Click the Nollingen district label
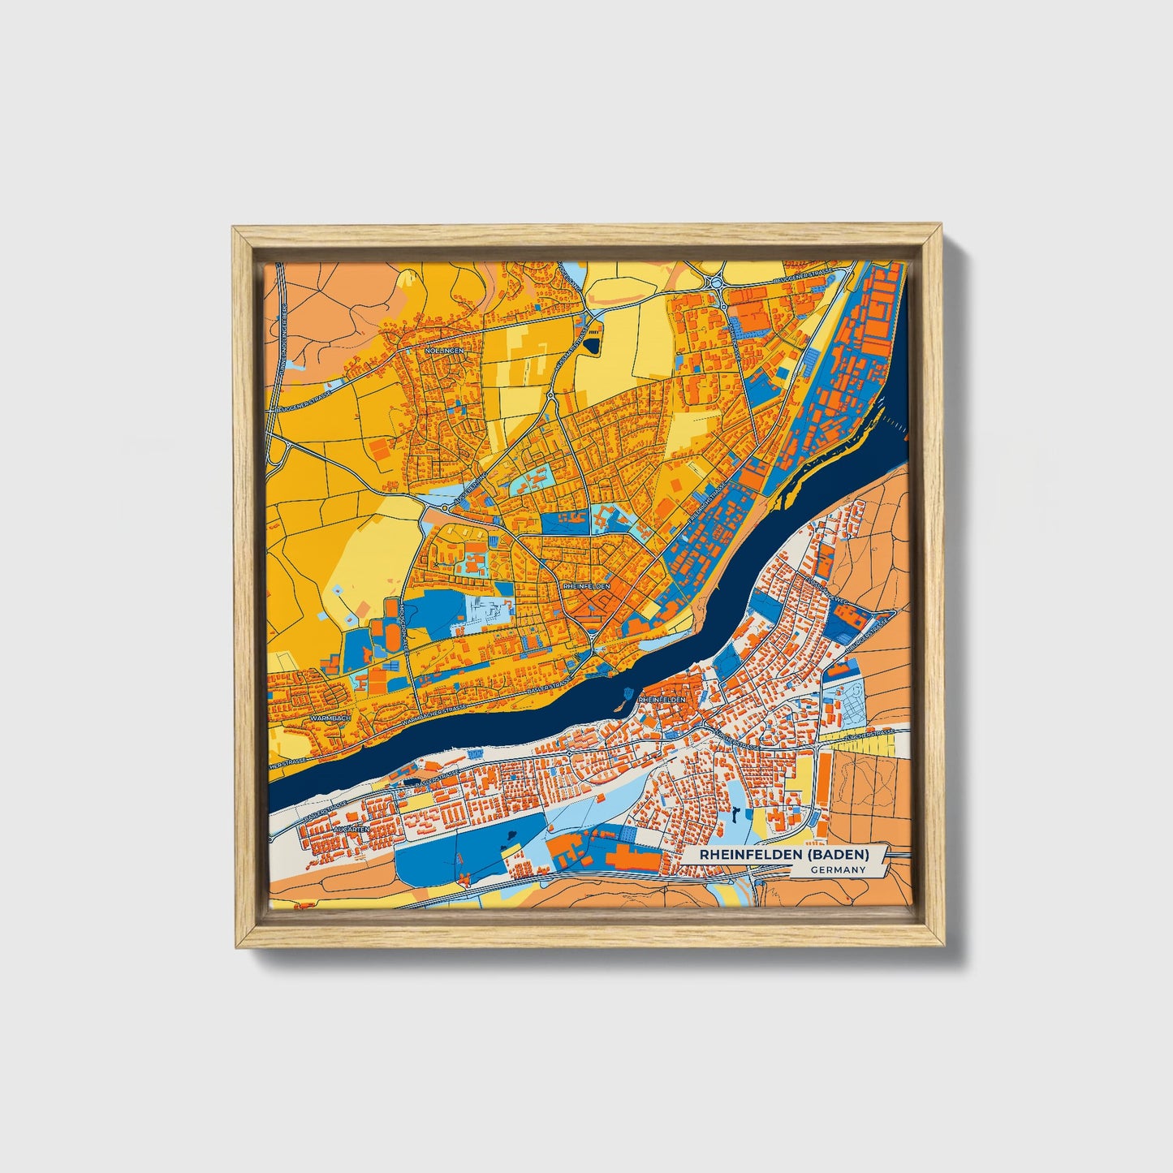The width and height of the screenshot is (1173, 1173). point(442,350)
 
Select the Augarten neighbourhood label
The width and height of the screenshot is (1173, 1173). point(351,829)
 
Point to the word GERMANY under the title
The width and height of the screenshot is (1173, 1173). point(837,870)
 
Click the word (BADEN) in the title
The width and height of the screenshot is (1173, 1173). point(840,855)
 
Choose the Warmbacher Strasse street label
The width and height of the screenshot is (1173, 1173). point(439,714)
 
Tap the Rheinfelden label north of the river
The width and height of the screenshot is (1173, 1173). point(585,585)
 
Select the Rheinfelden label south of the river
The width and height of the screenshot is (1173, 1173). point(662,699)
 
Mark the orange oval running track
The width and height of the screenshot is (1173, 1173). point(393,625)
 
